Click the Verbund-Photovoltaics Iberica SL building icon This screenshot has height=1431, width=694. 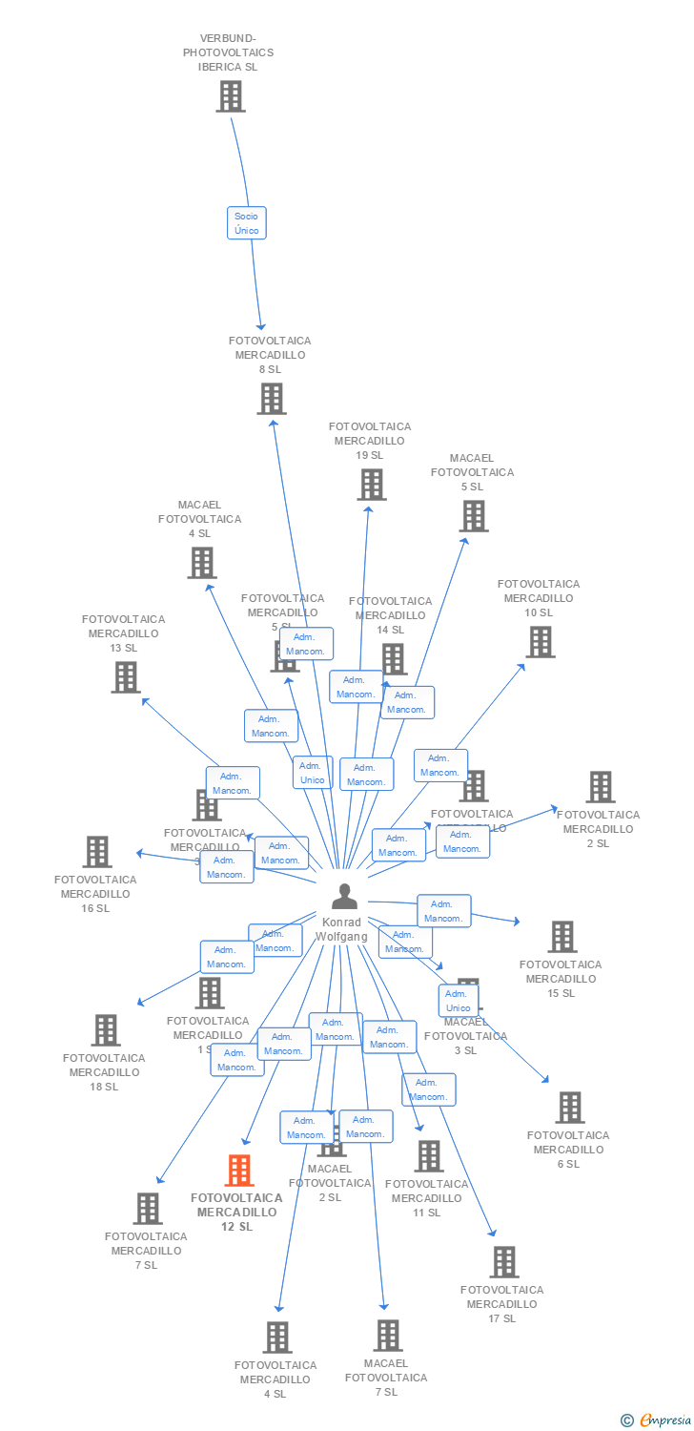230,96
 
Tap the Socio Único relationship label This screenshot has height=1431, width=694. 246,223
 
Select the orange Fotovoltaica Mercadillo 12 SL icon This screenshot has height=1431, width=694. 239,1170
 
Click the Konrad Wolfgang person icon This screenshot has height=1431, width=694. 344,897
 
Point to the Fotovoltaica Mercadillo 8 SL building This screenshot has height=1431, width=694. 272,399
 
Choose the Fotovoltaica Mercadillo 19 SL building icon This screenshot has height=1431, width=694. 371,485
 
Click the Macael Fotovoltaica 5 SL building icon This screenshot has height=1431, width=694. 473,516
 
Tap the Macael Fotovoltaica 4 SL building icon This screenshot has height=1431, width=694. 201,563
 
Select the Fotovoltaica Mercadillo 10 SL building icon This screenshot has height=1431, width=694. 541,642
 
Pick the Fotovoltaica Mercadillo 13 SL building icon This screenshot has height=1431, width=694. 126,677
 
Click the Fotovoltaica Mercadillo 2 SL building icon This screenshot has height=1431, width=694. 600,787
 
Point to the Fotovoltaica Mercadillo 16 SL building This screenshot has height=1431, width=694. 97,852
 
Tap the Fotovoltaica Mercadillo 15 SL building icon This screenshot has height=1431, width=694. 562,937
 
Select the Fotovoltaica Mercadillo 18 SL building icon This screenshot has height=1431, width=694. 106,1030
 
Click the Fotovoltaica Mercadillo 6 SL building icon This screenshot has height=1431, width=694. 570,1108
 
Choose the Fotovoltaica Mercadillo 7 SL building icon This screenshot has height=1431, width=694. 148,1209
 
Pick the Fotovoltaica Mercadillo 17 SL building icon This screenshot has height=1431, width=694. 504,1262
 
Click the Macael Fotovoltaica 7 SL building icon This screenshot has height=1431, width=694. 387,1336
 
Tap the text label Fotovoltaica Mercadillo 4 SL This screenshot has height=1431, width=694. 275,1379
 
